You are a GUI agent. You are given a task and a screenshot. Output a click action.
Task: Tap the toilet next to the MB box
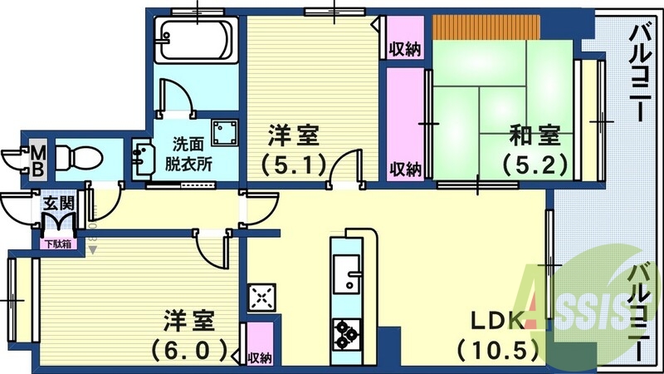[78, 156]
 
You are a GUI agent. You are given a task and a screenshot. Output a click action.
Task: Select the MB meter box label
[37, 158]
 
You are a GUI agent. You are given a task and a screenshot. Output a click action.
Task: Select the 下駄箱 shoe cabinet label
[57, 244]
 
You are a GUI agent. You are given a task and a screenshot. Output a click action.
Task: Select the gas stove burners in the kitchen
[345, 334]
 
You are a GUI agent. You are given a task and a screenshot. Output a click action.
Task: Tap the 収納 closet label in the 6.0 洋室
[259, 357]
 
